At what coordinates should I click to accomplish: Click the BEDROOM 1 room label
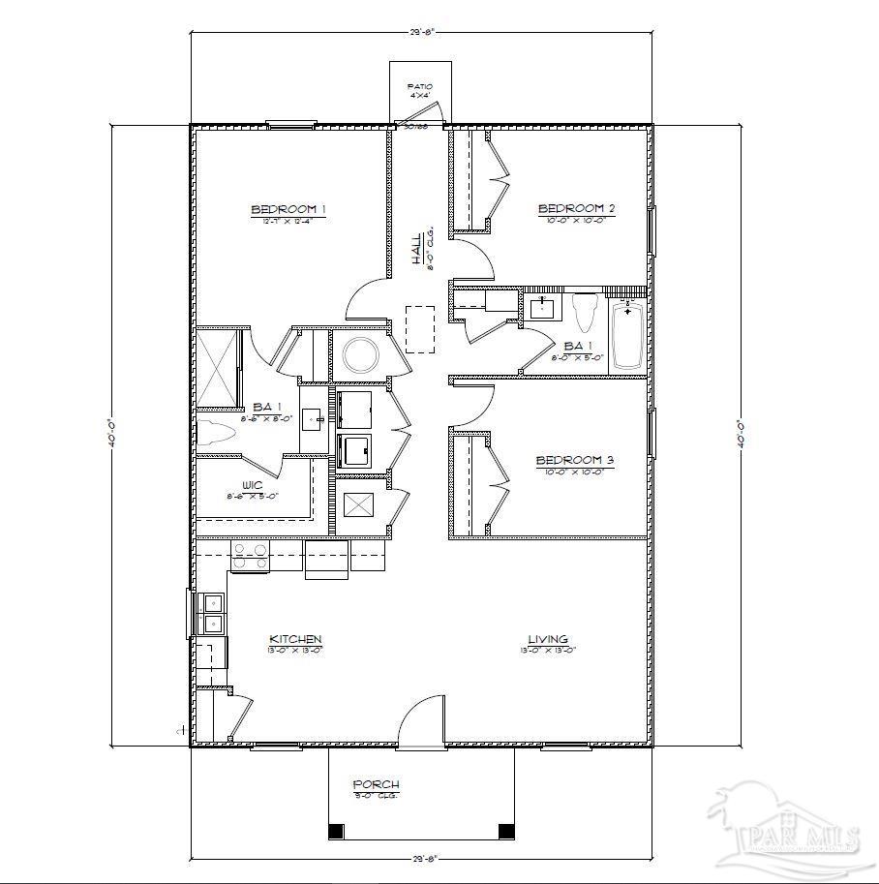[x=288, y=209]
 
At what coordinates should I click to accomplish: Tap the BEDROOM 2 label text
[x=576, y=208]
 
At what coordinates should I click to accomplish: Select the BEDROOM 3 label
[x=575, y=461]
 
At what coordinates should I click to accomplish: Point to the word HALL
[x=416, y=249]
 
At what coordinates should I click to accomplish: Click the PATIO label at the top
[x=419, y=87]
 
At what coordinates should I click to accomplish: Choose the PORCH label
[x=376, y=784]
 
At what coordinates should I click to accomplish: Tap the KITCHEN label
[x=295, y=640]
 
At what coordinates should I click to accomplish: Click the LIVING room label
[x=547, y=640]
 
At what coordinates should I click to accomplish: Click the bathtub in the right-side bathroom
[x=627, y=335]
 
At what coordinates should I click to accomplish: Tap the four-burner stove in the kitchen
[x=249, y=556]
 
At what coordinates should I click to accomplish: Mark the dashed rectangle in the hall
[x=420, y=329]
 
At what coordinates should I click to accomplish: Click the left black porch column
[x=336, y=831]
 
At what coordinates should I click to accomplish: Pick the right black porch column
[x=505, y=831]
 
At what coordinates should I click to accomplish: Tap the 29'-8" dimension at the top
[x=421, y=32]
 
